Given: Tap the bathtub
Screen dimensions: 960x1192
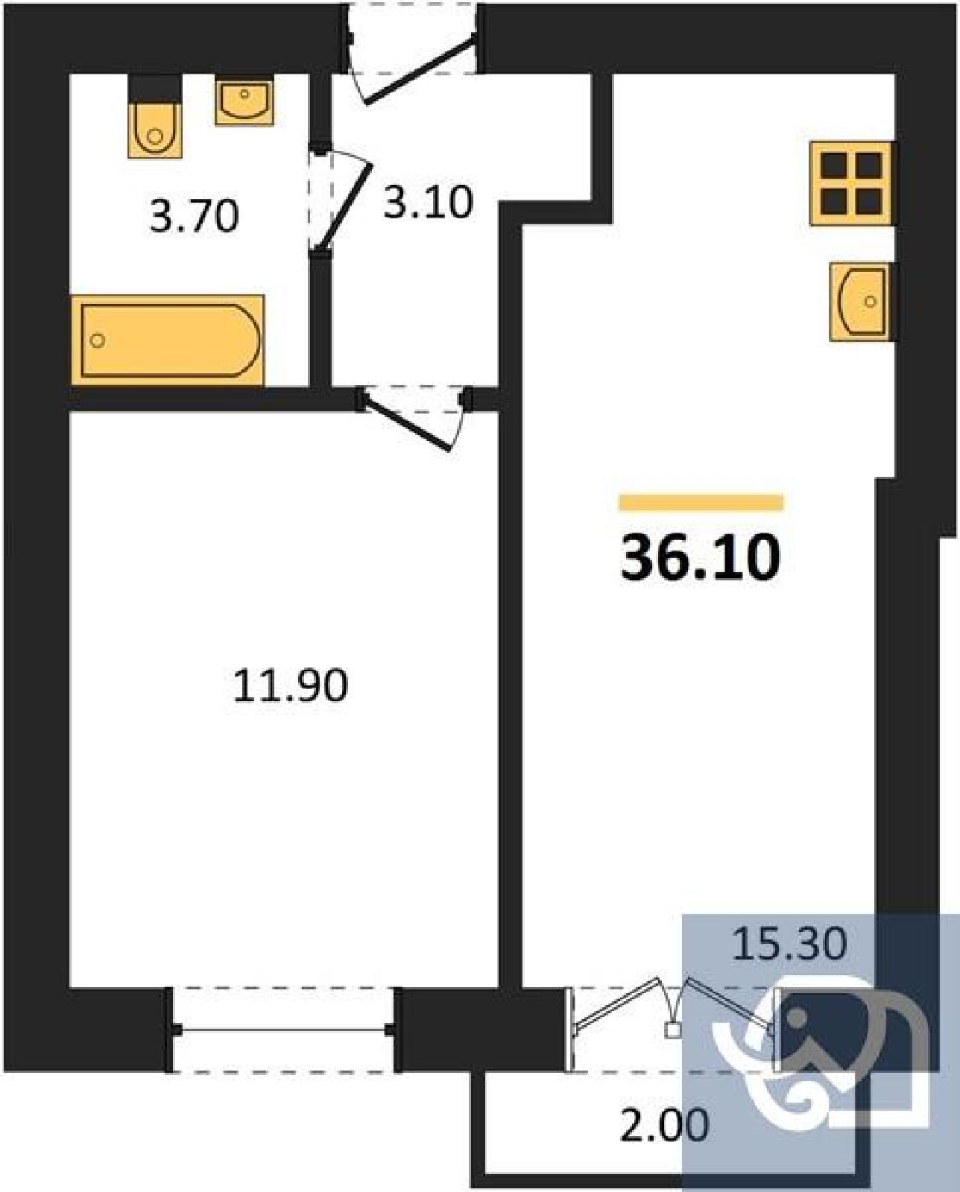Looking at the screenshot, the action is click(168, 340).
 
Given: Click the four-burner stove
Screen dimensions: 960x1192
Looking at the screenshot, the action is click(851, 183).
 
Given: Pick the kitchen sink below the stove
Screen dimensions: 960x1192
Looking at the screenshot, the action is click(862, 302).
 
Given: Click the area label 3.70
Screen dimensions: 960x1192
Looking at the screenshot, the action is click(194, 216).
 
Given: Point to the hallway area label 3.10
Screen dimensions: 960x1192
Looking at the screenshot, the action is click(428, 202).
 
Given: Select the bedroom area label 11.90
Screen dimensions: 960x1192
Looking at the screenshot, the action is click(291, 685).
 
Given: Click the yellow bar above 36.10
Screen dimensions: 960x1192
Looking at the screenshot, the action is click(701, 502).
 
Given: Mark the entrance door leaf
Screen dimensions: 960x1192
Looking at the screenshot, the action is click(420, 70).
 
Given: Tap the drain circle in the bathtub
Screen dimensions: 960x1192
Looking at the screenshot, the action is click(98, 340).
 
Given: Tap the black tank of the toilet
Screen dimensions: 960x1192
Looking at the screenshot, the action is click(154, 89).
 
